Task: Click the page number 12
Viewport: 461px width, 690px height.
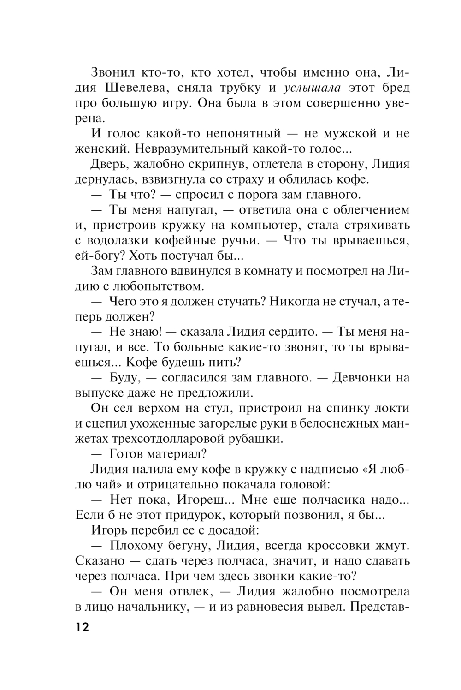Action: [81, 628]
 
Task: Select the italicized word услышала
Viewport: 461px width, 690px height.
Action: [313, 88]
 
